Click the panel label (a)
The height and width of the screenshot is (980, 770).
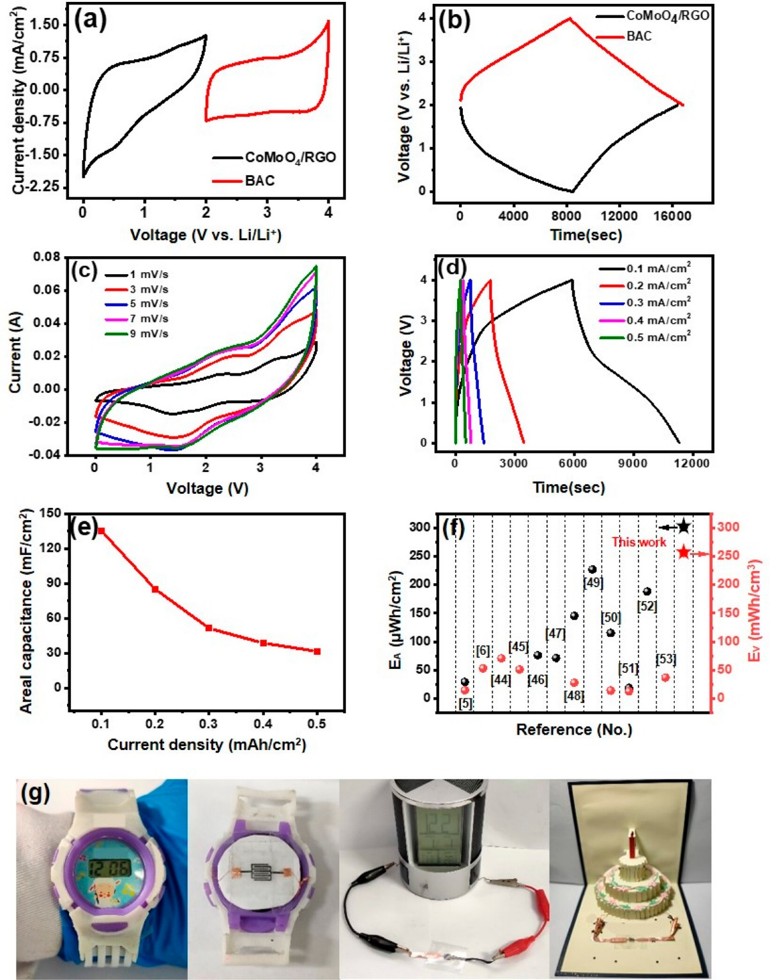(90, 20)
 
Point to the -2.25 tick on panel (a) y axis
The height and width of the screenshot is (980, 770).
(43, 187)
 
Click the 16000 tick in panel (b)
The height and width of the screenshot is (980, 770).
(672, 216)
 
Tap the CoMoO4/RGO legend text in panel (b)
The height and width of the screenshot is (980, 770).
(667, 15)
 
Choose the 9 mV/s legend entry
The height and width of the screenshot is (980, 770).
(149, 333)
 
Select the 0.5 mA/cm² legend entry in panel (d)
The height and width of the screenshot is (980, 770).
(658, 337)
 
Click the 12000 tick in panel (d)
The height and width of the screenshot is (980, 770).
(691, 463)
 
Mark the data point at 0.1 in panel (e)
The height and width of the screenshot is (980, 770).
(102, 531)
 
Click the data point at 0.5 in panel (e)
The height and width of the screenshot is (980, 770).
(317, 652)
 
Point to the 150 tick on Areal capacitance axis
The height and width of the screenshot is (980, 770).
(50, 514)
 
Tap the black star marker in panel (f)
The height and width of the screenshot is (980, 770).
(684, 526)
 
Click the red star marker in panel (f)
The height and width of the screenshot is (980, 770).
(684, 552)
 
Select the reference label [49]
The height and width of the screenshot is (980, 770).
(593, 583)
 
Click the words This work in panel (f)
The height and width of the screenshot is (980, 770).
(638, 542)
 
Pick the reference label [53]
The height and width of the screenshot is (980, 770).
(665, 659)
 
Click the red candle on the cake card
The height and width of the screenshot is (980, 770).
(633, 845)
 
